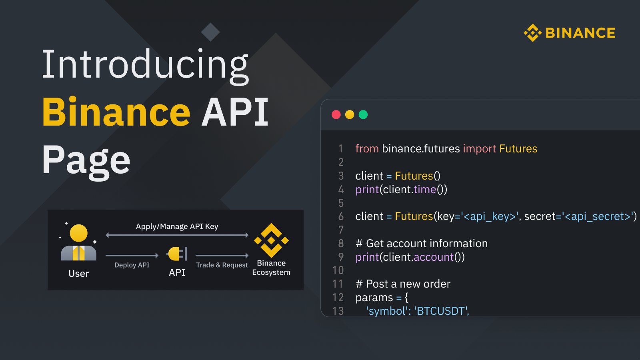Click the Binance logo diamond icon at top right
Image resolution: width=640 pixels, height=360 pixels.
click(x=532, y=33)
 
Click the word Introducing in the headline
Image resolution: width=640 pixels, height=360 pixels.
click(x=145, y=65)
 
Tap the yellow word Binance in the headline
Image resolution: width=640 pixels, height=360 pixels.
click(x=116, y=112)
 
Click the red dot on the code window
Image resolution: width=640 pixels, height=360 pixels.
click(x=336, y=115)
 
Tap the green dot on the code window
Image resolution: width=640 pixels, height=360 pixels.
click(x=363, y=115)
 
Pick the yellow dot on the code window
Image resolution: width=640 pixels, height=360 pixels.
click(x=350, y=115)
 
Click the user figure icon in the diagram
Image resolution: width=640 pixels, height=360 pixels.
click(x=78, y=243)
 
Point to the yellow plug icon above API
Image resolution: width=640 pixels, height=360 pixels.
click(x=176, y=254)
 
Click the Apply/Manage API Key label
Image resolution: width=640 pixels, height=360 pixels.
click(x=177, y=226)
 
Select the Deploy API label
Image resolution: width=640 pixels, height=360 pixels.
click(x=132, y=265)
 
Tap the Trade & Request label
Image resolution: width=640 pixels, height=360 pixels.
click(x=222, y=265)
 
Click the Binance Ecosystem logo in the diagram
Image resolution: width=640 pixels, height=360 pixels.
click(x=271, y=240)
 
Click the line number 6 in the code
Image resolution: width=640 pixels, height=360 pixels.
click(x=341, y=216)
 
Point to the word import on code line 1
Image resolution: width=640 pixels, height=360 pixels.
click(x=479, y=149)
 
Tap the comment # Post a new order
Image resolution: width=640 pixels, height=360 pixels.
click(x=403, y=284)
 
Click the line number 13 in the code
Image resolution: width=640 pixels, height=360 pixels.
click(x=338, y=311)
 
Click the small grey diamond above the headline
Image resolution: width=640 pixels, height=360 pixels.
click(x=210, y=32)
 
